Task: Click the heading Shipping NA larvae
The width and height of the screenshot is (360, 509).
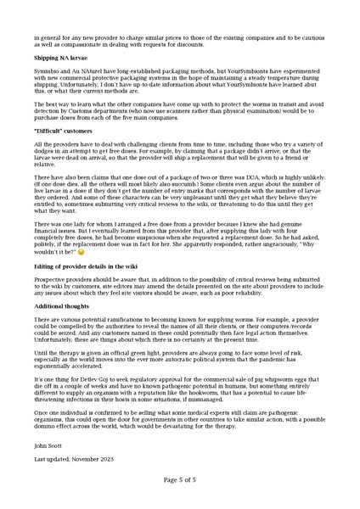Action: pyautogui.click(x=58, y=57)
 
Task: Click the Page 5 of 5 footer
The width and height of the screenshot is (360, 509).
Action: pyautogui.click(x=180, y=479)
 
